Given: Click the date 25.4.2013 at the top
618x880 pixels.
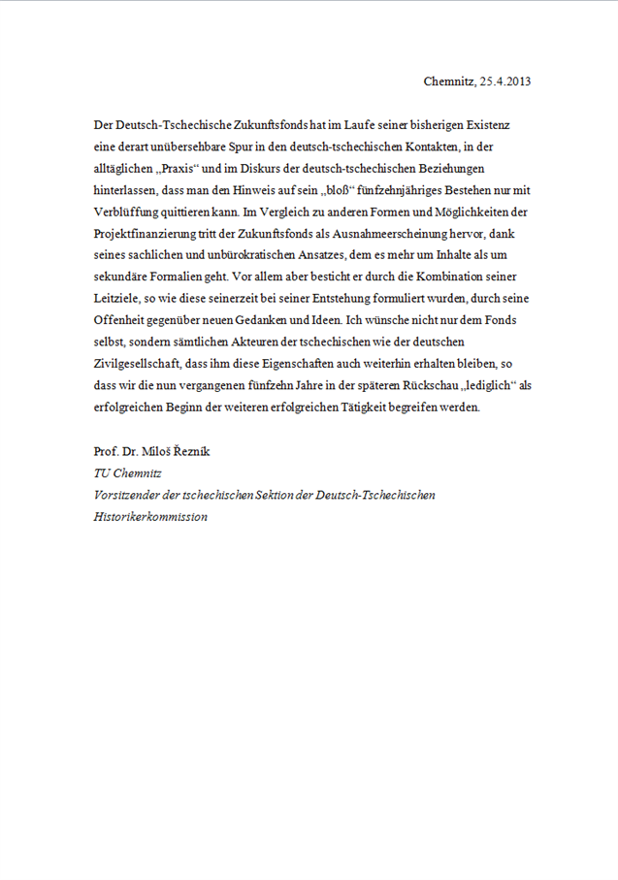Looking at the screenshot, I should (505, 81).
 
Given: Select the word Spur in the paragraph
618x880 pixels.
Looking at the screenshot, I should (234, 148).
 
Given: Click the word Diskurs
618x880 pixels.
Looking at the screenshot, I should (244, 170).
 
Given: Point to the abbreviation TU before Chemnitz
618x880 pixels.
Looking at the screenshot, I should (102, 473).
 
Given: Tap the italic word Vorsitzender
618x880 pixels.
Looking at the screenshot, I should (126, 495).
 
